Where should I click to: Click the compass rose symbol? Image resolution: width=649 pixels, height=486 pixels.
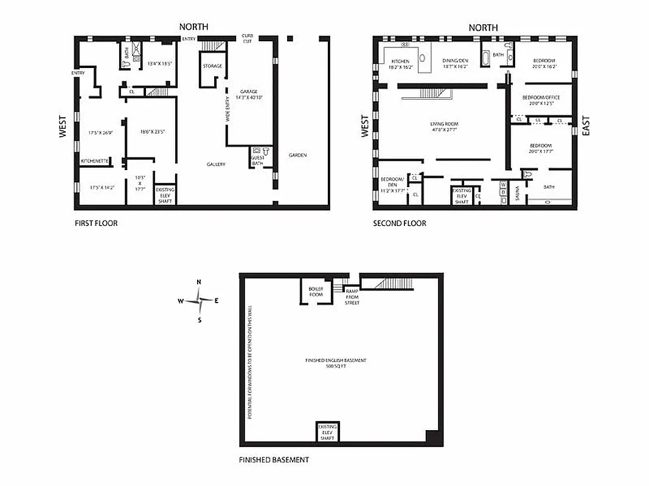click(x=199, y=300)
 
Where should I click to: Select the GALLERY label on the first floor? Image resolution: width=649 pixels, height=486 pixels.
click(x=216, y=164)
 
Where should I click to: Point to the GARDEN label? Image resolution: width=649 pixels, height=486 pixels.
click(x=298, y=155)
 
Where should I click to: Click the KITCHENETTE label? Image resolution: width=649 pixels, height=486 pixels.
click(x=95, y=161)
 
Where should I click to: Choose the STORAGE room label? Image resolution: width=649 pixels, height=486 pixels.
click(x=212, y=66)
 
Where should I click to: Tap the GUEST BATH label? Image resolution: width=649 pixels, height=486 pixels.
click(x=257, y=160)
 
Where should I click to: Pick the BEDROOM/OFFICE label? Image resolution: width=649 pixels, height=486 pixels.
click(x=541, y=100)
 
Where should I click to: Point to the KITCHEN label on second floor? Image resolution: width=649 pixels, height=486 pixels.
click(x=400, y=64)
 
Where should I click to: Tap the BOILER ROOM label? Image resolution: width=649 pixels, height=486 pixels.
click(x=315, y=292)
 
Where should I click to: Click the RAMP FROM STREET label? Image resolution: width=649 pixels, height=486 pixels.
click(x=352, y=296)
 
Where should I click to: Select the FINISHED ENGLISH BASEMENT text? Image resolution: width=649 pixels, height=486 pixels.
click(x=336, y=363)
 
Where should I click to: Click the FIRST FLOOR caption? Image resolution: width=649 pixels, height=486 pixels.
click(x=96, y=223)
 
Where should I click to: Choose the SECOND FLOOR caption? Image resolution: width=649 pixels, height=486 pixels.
click(x=399, y=223)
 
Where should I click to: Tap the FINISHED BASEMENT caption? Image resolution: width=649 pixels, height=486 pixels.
click(x=274, y=459)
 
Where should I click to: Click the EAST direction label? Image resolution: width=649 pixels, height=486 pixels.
click(x=586, y=126)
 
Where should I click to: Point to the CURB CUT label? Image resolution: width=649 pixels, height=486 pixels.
click(x=248, y=38)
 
